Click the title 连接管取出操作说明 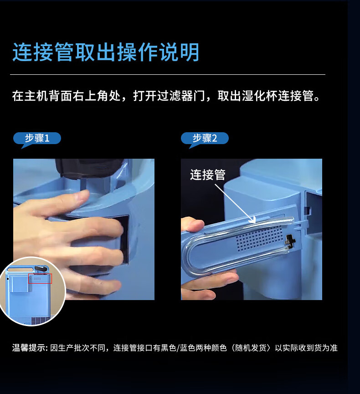click(106, 52)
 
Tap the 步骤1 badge click(37, 138)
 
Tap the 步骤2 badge click(205, 138)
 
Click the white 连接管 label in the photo click(208, 175)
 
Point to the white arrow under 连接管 click(235, 203)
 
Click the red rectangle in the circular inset click(40, 279)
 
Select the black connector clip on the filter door click(289, 240)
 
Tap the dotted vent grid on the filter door click(260, 238)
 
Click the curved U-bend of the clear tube click(191, 254)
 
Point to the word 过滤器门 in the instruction click(181, 96)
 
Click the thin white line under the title click(168, 75)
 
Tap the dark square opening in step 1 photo click(123, 238)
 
